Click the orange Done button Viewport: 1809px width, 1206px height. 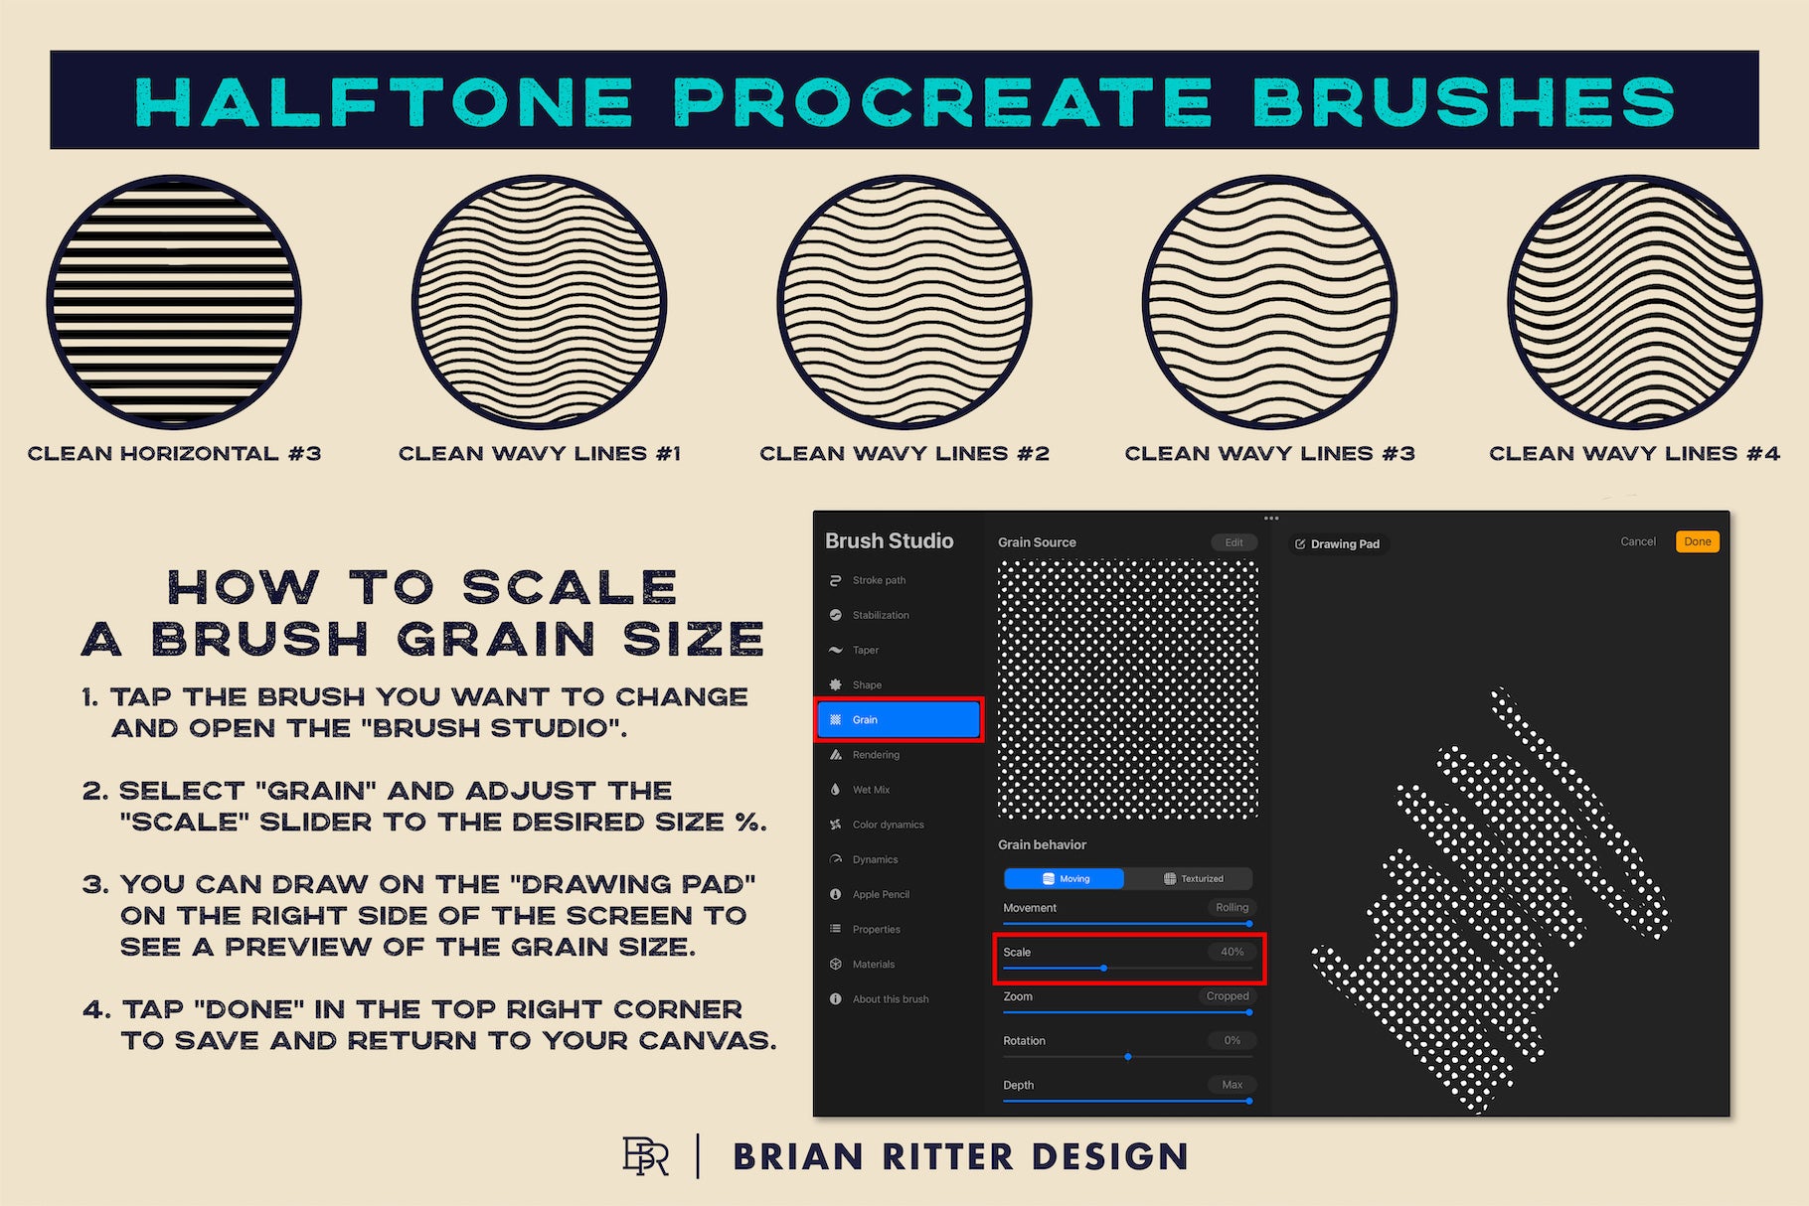coord(1697,541)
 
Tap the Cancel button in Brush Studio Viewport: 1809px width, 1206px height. coord(1638,541)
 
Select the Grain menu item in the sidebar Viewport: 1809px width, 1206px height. coord(899,719)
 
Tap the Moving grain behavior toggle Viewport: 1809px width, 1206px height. coord(1064,878)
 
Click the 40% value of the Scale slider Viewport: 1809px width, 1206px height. coord(1232,952)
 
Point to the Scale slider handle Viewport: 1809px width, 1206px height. coord(1103,968)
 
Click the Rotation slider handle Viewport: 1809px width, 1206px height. coord(1128,1057)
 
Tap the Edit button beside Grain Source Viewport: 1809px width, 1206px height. coord(1233,542)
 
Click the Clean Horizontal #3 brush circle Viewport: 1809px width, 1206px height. coord(174,303)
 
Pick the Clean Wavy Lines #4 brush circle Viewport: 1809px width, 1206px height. coord(1635,303)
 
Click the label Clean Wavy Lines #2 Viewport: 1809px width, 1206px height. coord(904,454)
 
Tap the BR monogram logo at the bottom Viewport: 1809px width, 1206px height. coord(645,1156)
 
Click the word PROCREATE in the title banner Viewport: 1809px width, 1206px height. coord(942,101)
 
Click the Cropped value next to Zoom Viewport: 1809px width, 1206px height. coord(1228,996)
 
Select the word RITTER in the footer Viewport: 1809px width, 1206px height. coord(948,1157)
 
